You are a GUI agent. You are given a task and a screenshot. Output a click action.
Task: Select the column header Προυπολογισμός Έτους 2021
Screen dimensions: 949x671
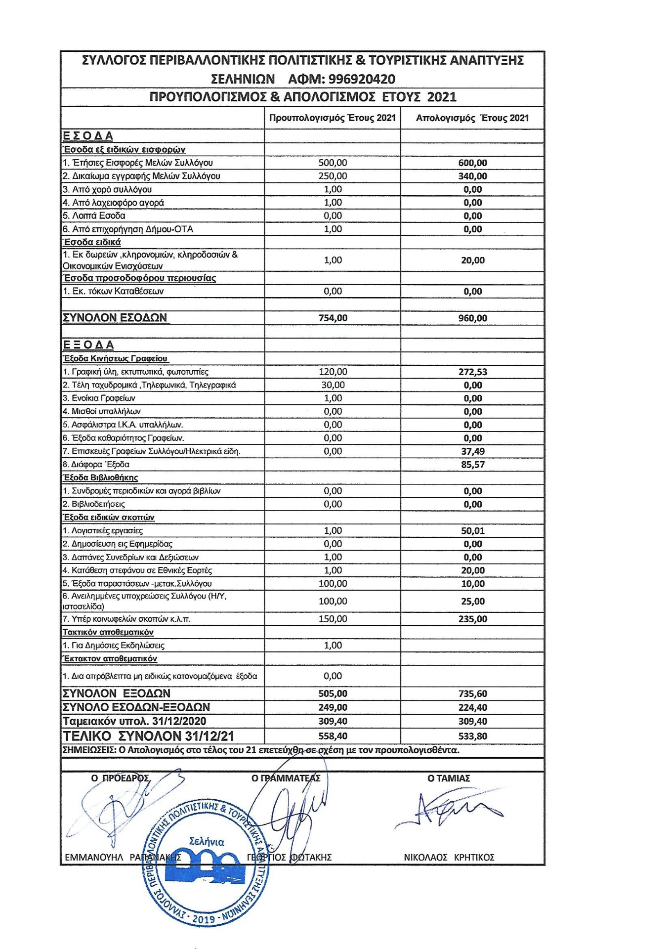[x=332, y=118]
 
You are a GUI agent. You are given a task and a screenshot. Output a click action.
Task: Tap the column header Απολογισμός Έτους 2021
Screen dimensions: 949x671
[x=472, y=118]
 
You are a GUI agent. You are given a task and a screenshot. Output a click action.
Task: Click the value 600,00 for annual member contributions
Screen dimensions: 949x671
[x=472, y=163]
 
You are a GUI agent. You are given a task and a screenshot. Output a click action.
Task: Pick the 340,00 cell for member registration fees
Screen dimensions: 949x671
[x=472, y=176]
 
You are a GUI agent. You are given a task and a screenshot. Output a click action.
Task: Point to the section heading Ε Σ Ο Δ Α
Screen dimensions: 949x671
[x=88, y=136]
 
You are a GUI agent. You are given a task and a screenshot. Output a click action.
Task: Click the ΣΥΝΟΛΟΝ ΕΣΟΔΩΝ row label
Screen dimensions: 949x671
[x=115, y=318]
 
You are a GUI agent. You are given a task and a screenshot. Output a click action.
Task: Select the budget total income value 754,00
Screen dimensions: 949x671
[x=333, y=318]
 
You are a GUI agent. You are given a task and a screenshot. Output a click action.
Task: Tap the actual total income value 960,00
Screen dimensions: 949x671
[x=472, y=318]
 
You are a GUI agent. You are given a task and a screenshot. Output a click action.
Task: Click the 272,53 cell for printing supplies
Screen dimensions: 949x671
[x=472, y=372]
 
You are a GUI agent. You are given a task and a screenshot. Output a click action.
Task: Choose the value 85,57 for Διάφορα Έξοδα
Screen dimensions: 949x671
[x=472, y=465]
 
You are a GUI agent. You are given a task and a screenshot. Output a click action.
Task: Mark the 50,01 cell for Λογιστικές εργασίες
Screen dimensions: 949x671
[x=472, y=531]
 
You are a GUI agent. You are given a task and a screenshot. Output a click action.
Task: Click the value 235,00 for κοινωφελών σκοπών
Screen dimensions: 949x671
[x=472, y=619]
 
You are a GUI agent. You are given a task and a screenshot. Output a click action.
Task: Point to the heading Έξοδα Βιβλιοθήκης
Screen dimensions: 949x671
[x=100, y=477]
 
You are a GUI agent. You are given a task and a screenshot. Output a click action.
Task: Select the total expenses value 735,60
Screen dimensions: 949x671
[x=472, y=694]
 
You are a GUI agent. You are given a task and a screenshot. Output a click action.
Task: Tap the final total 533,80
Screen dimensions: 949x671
[x=472, y=736]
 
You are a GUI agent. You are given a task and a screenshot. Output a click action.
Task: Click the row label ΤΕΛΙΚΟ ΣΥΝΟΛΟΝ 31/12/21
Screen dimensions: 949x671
[x=148, y=736]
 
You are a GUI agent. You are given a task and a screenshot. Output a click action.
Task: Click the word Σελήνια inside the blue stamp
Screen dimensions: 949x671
[x=207, y=842]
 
